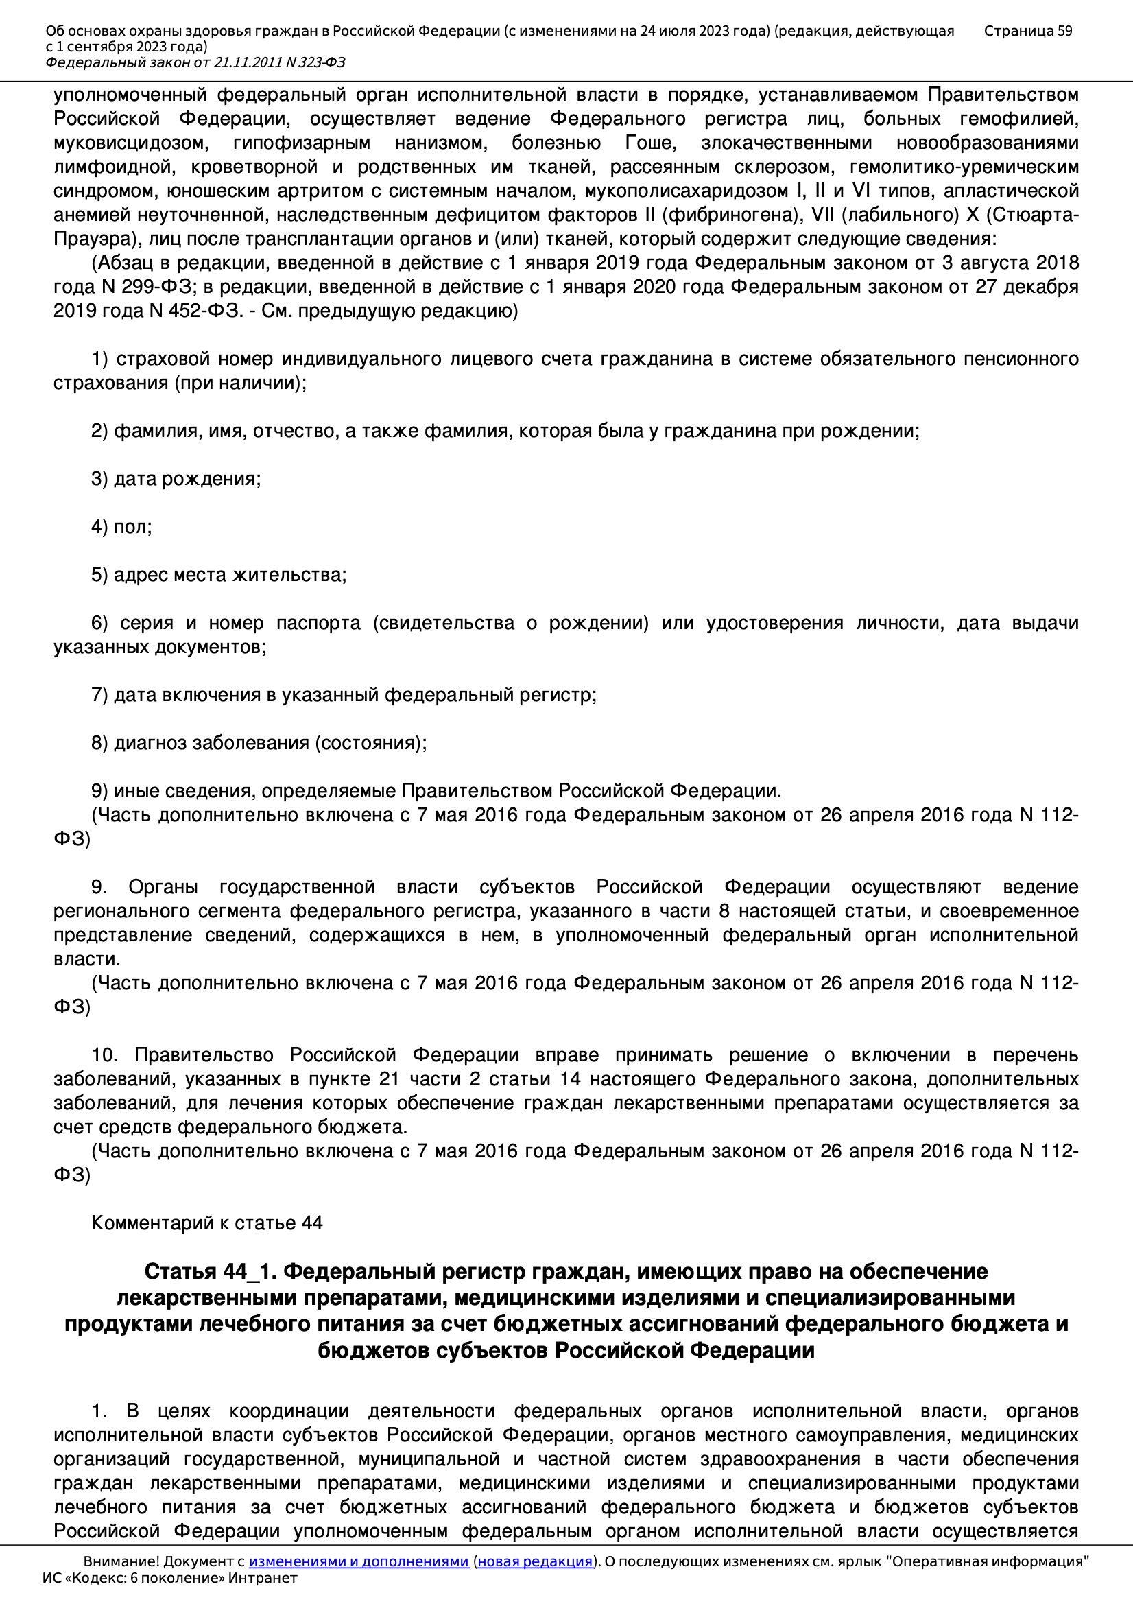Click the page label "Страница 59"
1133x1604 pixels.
click(x=1027, y=31)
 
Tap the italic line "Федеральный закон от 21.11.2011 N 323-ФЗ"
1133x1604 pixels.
click(x=195, y=62)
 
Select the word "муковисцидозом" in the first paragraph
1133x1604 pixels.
click(x=130, y=143)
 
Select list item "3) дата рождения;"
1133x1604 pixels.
click(x=176, y=479)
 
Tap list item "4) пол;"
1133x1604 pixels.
click(x=121, y=526)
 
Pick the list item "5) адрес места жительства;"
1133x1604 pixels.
click(x=219, y=574)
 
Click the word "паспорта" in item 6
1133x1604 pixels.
click(x=318, y=622)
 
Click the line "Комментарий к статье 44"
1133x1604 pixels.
click(x=206, y=1223)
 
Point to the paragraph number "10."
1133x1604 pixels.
click(x=105, y=1055)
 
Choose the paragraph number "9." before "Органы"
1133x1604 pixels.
click(x=99, y=886)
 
